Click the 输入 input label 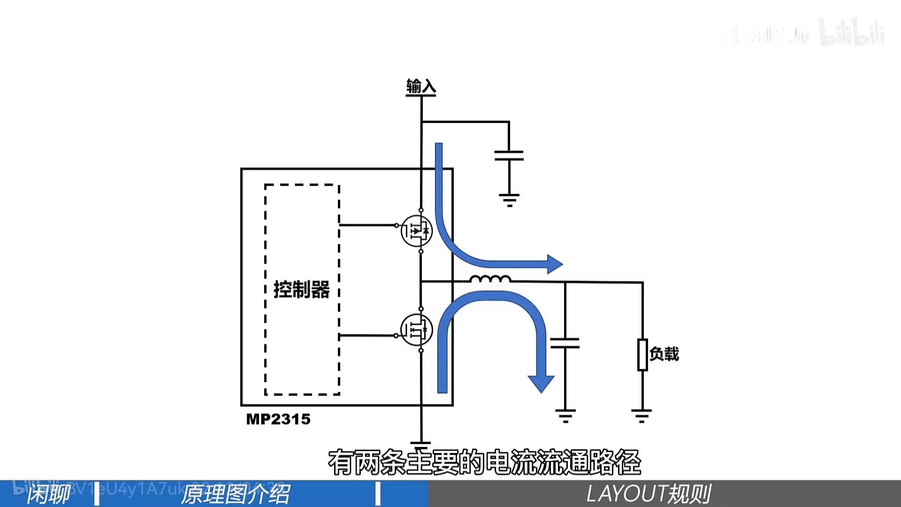point(421,87)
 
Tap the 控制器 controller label point(302,289)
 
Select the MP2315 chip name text point(278,419)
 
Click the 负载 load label point(664,354)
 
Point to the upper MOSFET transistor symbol point(417,230)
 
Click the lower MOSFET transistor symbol point(416,330)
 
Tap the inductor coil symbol point(490,279)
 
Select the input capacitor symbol point(509,155)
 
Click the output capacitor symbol point(565,343)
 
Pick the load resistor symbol point(642,354)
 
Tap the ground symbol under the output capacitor point(565,416)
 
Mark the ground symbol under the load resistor point(641,416)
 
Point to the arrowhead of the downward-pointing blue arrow point(541,383)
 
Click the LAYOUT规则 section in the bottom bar point(649,494)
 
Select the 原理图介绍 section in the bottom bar point(236,494)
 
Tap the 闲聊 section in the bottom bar point(48,494)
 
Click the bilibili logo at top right point(852,33)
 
